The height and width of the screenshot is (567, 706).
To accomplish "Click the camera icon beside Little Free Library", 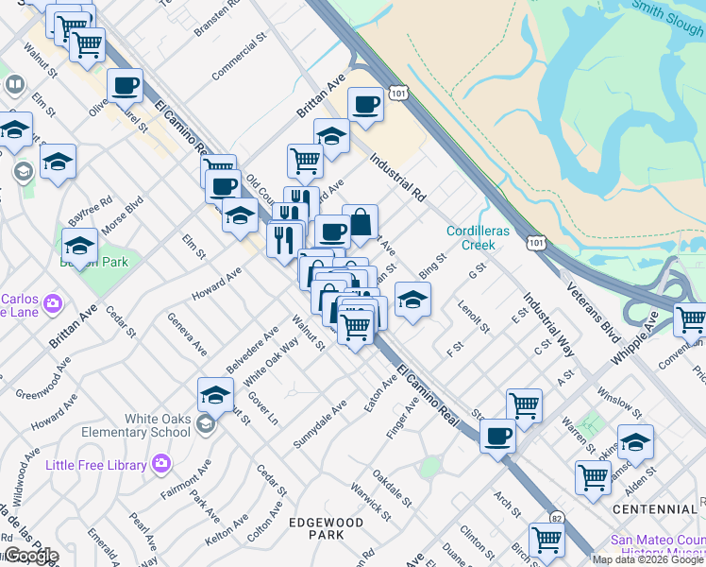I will [160, 464].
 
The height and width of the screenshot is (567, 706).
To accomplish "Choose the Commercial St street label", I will [236, 60].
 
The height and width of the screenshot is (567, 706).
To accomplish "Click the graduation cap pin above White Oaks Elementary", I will [215, 395].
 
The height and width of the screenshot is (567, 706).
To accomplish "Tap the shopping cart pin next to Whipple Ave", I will [690, 320].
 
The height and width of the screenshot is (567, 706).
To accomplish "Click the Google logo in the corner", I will [30, 556].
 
